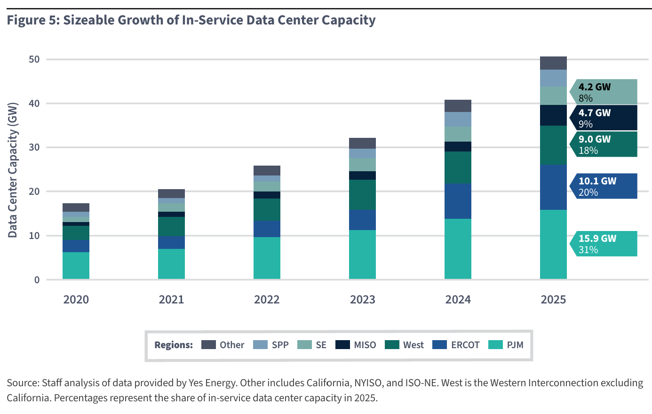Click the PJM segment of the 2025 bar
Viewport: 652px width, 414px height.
pos(553,244)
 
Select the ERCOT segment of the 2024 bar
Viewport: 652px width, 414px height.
pos(458,201)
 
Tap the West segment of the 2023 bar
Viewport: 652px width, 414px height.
pos(362,194)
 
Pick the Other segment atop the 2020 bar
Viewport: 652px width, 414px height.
pos(76,207)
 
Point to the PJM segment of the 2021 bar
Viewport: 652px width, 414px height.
pos(171,264)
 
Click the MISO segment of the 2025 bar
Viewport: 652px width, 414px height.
pos(553,115)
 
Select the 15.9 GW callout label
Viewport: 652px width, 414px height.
pos(597,239)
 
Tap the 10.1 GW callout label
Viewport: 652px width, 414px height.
pos(597,181)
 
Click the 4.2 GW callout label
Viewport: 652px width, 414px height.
pos(594,87)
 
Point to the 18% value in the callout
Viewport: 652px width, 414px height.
pos(588,151)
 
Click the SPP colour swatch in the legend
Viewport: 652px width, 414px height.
pos(260,345)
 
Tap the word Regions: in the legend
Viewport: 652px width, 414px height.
pos(174,345)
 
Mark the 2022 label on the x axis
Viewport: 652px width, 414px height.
pos(267,300)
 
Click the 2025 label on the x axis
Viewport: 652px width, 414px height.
pos(553,300)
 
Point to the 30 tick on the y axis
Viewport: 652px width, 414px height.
pos(34,147)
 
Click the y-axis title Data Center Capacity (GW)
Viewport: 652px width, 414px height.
pos(13,170)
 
